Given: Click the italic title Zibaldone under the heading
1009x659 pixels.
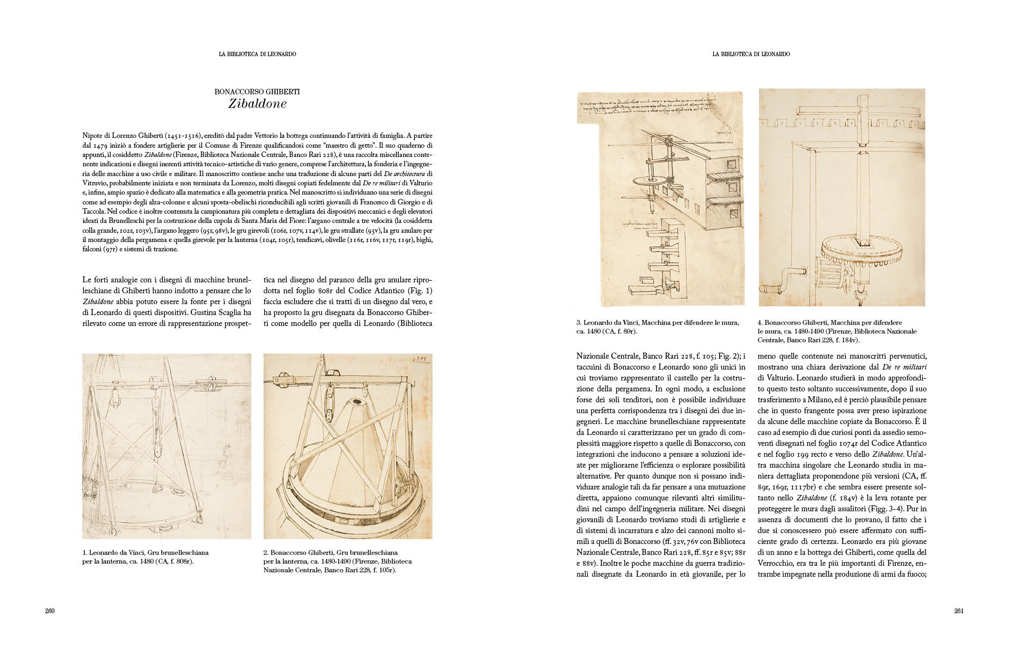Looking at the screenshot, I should point(257,104).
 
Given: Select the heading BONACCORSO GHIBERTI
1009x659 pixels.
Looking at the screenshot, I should point(257,92).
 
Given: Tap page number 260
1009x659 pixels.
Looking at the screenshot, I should point(50,611).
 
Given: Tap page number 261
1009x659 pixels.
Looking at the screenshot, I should point(959,611).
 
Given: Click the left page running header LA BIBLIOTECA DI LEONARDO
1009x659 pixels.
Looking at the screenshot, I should point(257,55).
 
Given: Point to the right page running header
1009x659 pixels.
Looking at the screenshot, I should point(751,55).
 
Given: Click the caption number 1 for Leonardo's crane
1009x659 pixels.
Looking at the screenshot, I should point(84,553).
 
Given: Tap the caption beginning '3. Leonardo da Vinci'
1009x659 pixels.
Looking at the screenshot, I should point(658,327).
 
